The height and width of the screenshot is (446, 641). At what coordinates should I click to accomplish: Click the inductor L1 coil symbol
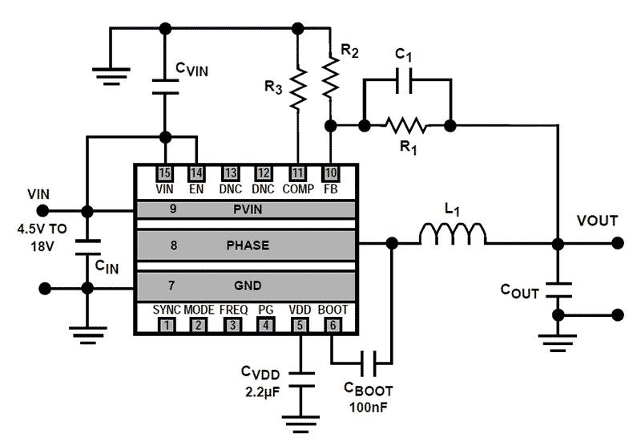(453, 234)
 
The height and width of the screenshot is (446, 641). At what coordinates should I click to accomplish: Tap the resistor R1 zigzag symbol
(405, 125)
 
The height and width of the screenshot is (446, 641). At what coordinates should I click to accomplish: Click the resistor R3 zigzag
(299, 89)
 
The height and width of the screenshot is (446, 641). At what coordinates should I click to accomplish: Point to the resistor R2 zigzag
(330, 79)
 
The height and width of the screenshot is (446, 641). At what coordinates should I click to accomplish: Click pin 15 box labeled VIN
(165, 173)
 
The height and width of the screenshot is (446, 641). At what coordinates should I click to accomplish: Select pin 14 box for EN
(196, 173)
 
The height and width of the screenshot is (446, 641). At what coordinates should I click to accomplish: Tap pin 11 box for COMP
(298, 173)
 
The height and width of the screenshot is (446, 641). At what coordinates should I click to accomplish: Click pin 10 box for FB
(329, 173)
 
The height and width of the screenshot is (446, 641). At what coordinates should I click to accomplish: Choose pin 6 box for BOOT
(332, 325)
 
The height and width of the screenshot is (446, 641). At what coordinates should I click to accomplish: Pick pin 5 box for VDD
(300, 325)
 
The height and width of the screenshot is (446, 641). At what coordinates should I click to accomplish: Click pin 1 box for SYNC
(166, 325)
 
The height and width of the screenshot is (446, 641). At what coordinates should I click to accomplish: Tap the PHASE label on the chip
(248, 246)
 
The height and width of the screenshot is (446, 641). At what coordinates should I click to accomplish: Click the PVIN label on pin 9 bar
(248, 209)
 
